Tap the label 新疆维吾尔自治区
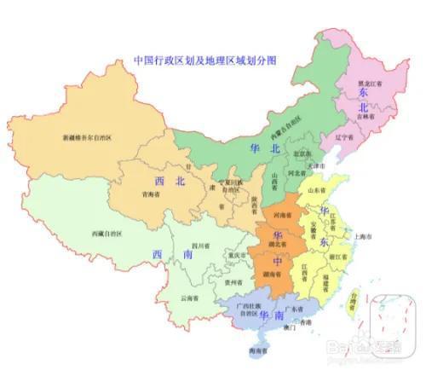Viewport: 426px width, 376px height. click(x=89, y=136)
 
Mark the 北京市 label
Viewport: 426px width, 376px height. click(x=300, y=154)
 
